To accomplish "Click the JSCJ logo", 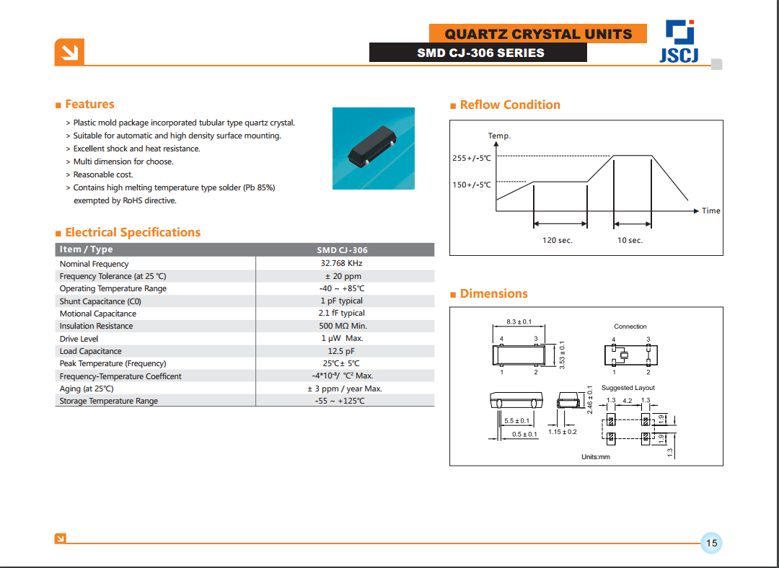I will [x=678, y=42].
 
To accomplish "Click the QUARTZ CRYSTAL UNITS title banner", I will [x=537, y=34].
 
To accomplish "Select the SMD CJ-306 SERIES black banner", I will [x=480, y=53].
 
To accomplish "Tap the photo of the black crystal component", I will [x=373, y=148].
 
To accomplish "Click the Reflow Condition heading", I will [x=509, y=105].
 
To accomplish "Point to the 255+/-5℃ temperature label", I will [x=471, y=158].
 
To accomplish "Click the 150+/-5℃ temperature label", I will [x=471, y=185].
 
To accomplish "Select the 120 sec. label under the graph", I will [x=557, y=240].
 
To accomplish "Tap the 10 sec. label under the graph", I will [x=629, y=240].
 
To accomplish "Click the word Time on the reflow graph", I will [x=710, y=210].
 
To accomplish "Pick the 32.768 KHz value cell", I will [x=341, y=263].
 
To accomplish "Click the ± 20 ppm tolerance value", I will [x=341, y=276].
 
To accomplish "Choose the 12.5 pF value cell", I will [x=341, y=351].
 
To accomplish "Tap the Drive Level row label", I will [x=79, y=339].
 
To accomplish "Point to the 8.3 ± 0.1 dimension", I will [x=519, y=321].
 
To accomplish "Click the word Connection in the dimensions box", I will [x=630, y=327].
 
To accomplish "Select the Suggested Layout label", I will [x=628, y=388].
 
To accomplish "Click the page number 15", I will [x=711, y=543].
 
